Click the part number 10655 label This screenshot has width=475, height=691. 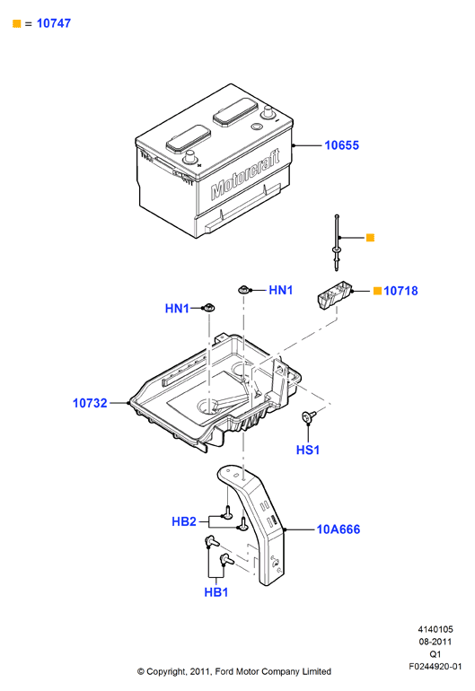[x=341, y=145]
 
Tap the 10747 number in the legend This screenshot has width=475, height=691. [x=53, y=23]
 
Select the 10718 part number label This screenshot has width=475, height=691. [x=400, y=291]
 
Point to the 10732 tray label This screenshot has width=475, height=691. [x=90, y=403]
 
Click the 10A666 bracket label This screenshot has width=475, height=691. [x=339, y=529]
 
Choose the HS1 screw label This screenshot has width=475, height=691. [x=308, y=450]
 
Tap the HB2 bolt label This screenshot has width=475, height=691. [x=184, y=521]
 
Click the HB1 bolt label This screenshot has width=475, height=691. [x=216, y=592]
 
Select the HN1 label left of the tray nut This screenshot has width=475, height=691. [x=177, y=309]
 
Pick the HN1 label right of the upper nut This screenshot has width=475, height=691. [x=281, y=290]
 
